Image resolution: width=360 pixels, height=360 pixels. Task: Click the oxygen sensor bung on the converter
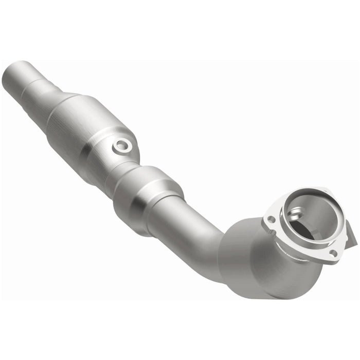coord(122,146)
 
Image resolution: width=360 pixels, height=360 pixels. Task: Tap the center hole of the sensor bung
coord(122,146)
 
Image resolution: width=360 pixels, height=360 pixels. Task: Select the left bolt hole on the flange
coord(271,220)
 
